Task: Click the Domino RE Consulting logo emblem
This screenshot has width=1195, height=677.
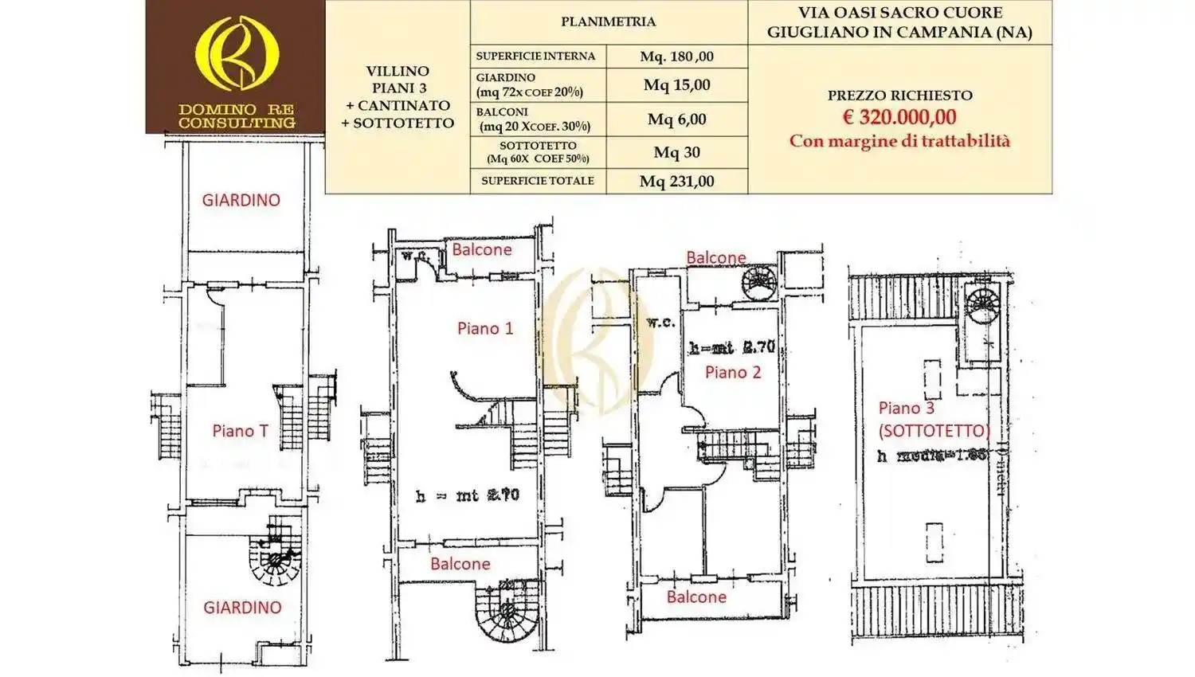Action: (x=237, y=53)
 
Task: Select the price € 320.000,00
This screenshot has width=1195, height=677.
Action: (x=899, y=117)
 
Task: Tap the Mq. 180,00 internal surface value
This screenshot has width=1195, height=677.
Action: (x=676, y=57)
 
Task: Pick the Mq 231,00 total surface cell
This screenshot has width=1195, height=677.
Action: (x=676, y=182)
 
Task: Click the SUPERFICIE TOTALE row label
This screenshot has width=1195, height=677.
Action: (x=538, y=181)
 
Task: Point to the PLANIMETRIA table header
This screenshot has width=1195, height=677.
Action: (x=608, y=22)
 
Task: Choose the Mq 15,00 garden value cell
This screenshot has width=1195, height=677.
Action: (x=676, y=85)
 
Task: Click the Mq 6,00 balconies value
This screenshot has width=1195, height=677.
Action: (x=676, y=119)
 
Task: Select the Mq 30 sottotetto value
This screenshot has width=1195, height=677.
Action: (x=676, y=152)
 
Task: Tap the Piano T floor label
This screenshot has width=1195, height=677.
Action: (x=240, y=431)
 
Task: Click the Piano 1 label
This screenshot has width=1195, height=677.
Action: (x=485, y=328)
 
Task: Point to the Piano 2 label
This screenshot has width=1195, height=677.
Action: (x=733, y=372)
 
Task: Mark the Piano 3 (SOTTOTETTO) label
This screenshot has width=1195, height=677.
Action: (x=933, y=419)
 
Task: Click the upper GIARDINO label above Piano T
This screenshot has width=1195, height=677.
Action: (x=241, y=200)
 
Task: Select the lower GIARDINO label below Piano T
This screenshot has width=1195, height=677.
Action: (x=242, y=608)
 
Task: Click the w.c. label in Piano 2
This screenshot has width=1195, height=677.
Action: (x=661, y=323)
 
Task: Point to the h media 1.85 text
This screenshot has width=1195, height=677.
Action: (x=932, y=456)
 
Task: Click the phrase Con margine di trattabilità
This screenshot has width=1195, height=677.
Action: (x=899, y=141)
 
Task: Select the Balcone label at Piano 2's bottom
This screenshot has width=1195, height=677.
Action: (x=696, y=597)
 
